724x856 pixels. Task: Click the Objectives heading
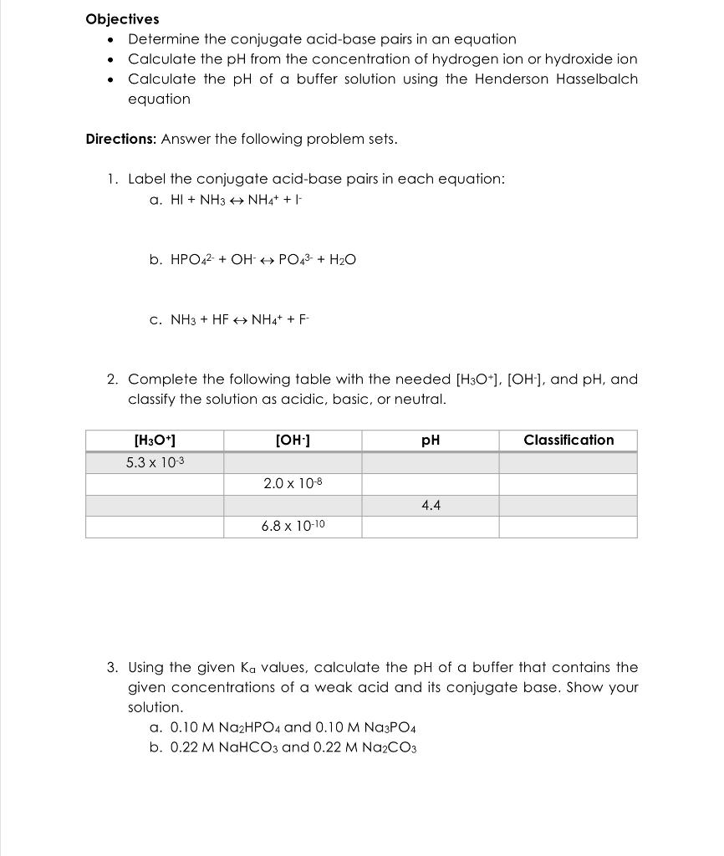click(122, 18)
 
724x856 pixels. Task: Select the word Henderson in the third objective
click(512, 79)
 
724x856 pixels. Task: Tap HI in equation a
click(177, 201)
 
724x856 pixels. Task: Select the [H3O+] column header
click(154, 441)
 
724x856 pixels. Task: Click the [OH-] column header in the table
click(292, 441)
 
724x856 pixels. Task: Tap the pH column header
click(431, 441)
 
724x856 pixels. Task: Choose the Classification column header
click(568, 441)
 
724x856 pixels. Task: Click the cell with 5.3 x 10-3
click(154, 462)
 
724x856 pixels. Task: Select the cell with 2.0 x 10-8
click(292, 484)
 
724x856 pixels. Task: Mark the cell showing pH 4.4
click(431, 505)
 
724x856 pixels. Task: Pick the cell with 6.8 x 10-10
click(292, 527)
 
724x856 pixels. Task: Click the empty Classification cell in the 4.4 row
click(568, 505)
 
